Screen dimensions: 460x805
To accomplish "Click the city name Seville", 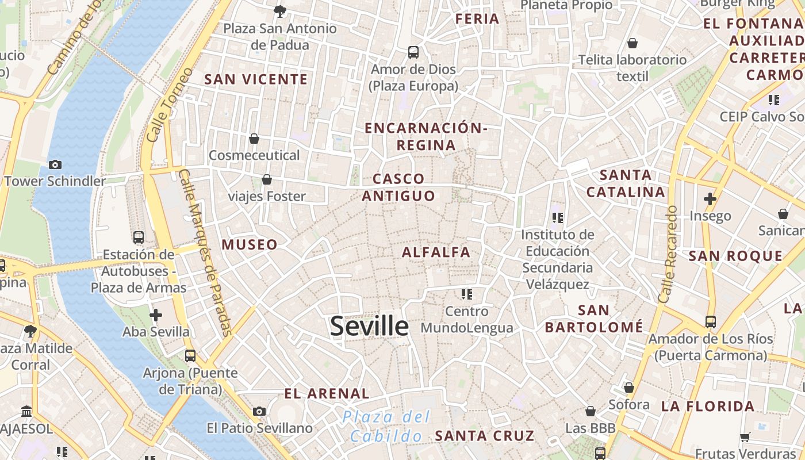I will [369, 326].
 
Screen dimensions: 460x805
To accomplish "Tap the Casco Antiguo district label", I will [398, 187].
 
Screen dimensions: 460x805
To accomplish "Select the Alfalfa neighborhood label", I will [436, 252].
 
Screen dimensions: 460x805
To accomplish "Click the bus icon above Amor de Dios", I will [413, 52].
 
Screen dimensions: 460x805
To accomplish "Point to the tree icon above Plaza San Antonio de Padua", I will [280, 11].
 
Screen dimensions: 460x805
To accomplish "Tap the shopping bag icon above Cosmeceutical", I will [254, 139].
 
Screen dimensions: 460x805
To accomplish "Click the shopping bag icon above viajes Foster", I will [267, 180].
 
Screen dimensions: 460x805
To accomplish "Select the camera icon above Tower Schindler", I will [55, 165].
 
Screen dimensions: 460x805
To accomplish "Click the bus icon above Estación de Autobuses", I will [139, 237].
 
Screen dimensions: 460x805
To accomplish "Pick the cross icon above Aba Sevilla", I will [156, 315].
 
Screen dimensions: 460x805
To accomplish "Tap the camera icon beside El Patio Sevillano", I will [259, 411].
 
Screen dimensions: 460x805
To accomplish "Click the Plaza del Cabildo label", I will [386, 426].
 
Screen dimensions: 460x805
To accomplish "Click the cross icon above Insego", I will [710, 199].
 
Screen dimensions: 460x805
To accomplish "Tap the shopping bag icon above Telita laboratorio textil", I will [632, 43].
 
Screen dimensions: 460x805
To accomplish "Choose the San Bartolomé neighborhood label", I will [594, 319].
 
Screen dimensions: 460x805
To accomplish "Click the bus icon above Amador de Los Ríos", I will [711, 322].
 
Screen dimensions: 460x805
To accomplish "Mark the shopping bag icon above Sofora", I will [629, 388].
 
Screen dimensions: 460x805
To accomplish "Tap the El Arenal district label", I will [327, 394].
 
